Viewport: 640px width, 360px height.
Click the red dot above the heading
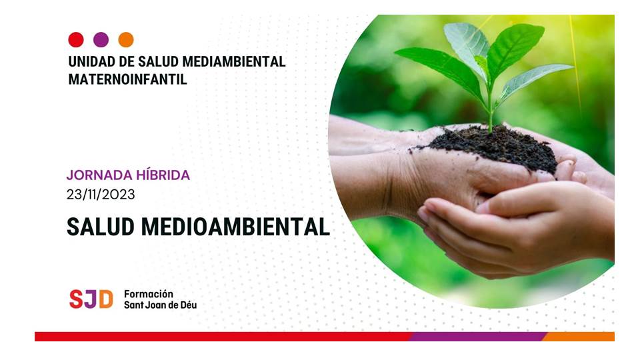[x=76, y=39]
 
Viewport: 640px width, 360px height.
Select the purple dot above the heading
[x=101, y=39]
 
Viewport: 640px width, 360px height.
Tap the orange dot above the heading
[x=126, y=39]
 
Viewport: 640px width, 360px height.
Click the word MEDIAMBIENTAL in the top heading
[x=234, y=61]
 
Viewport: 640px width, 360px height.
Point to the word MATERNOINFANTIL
[x=128, y=79]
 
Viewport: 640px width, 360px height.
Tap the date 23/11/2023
[x=101, y=194]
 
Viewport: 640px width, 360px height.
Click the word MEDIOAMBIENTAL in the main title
[x=235, y=227]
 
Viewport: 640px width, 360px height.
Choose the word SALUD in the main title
[x=101, y=227]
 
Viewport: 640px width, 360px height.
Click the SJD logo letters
[x=91, y=299]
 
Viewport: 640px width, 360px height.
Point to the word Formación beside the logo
[x=149, y=294]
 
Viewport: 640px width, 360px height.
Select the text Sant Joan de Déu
[x=161, y=305]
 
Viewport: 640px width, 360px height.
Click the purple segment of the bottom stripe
[x=477, y=337]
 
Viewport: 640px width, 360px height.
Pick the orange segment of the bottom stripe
[x=579, y=337]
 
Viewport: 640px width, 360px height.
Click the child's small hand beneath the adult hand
[x=514, y=229]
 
